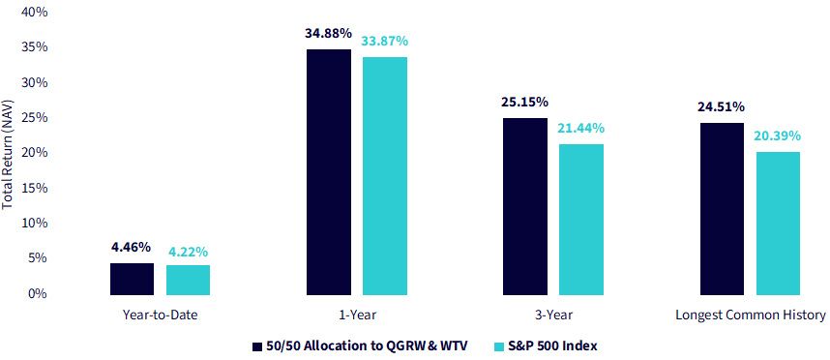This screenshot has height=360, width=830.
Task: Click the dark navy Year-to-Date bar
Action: (132, 279)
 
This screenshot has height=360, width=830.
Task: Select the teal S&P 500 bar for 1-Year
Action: (385, 176)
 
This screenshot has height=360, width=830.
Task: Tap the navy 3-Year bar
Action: (525, 206)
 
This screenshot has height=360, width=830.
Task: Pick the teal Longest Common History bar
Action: (778, 224)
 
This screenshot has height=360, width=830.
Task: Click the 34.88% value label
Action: (328, 33)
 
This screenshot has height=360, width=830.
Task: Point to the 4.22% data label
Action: (189, 253)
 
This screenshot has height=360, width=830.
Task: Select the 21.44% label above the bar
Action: (581, 128)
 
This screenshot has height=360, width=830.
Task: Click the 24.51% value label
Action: (721, 107)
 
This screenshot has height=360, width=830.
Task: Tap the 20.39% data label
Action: (778, 136)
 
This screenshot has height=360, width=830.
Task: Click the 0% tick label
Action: (38, 293)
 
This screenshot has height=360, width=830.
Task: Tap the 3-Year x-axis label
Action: (553, 315)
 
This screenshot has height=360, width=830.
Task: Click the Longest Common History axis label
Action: (751, 315)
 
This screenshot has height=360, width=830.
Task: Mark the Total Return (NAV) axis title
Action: (8, 153)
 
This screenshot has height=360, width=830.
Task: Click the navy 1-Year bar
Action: (329, 172)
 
